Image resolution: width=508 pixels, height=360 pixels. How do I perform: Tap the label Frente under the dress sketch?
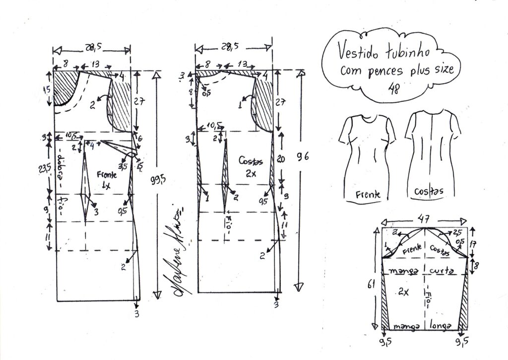click(368, 195)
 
